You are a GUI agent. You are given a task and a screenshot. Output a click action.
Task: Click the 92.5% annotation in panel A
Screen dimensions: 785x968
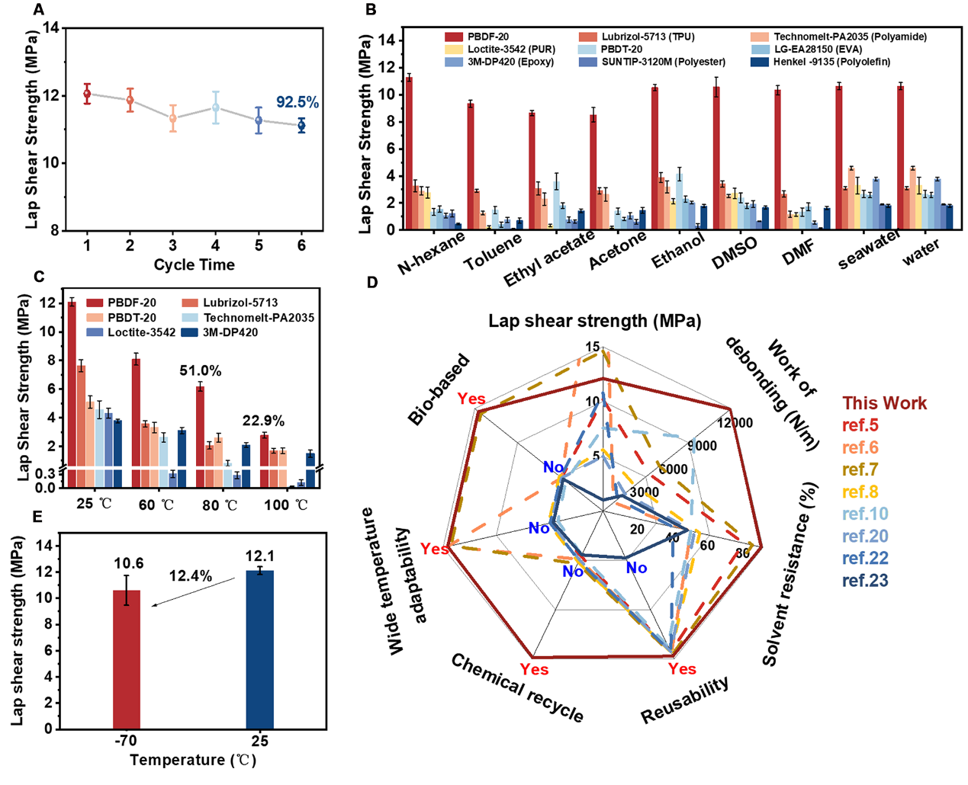click(297, 102)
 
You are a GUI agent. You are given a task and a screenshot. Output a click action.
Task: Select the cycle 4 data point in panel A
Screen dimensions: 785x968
click(216, 107)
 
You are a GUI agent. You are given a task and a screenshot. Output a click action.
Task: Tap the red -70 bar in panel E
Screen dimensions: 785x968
click(127, 659)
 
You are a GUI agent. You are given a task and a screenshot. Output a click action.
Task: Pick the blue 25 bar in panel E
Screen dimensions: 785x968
click(260, 649)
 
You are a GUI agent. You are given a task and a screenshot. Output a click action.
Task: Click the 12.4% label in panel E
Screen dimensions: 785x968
click(191, 576)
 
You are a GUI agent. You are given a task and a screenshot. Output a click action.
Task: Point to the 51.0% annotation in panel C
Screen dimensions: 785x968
click(201, 371)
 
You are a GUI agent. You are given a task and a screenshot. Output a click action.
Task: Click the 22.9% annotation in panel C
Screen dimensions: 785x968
click(263, 421)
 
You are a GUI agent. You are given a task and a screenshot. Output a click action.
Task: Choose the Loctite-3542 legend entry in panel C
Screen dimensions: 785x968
click(132, 332)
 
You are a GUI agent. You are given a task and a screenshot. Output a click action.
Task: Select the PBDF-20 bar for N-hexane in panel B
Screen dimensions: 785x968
click(409, 153)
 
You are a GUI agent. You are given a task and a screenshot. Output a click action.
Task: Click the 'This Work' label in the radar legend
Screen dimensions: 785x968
click(884, 403)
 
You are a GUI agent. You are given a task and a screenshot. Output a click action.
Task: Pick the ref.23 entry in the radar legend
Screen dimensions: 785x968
click(865, 581)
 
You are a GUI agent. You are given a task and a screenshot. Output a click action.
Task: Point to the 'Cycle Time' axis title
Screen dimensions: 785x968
click(194, 265)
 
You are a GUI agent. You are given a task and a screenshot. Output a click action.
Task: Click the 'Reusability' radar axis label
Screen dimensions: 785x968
click(684, 700)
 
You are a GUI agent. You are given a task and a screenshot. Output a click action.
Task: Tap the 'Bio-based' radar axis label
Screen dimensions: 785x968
click(439, 389)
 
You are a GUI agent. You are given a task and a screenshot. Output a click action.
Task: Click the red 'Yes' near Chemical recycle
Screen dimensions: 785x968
click(534, 669)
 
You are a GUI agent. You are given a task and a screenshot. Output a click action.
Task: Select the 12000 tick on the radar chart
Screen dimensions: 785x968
click(735, 424)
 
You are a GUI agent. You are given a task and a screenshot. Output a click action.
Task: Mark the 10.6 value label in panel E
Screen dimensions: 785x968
click(129, 563)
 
